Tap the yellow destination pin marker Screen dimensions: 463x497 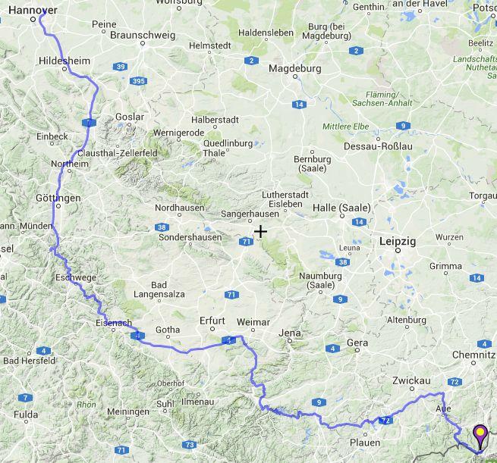click(480, 434)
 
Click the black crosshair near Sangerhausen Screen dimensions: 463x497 click(260, 231)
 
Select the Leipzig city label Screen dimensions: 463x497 click(396, 242)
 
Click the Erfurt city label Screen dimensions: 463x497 click(212, 321)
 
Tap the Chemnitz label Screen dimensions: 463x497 click(474, 355)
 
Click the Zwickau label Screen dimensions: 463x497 click(413, 380)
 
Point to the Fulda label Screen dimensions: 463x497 click(26, 415)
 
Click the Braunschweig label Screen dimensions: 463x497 click(143, 35)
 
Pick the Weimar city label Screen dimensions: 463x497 click(253, 323)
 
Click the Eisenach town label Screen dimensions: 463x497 click(115, 324)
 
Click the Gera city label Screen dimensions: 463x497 click(357, 343)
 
